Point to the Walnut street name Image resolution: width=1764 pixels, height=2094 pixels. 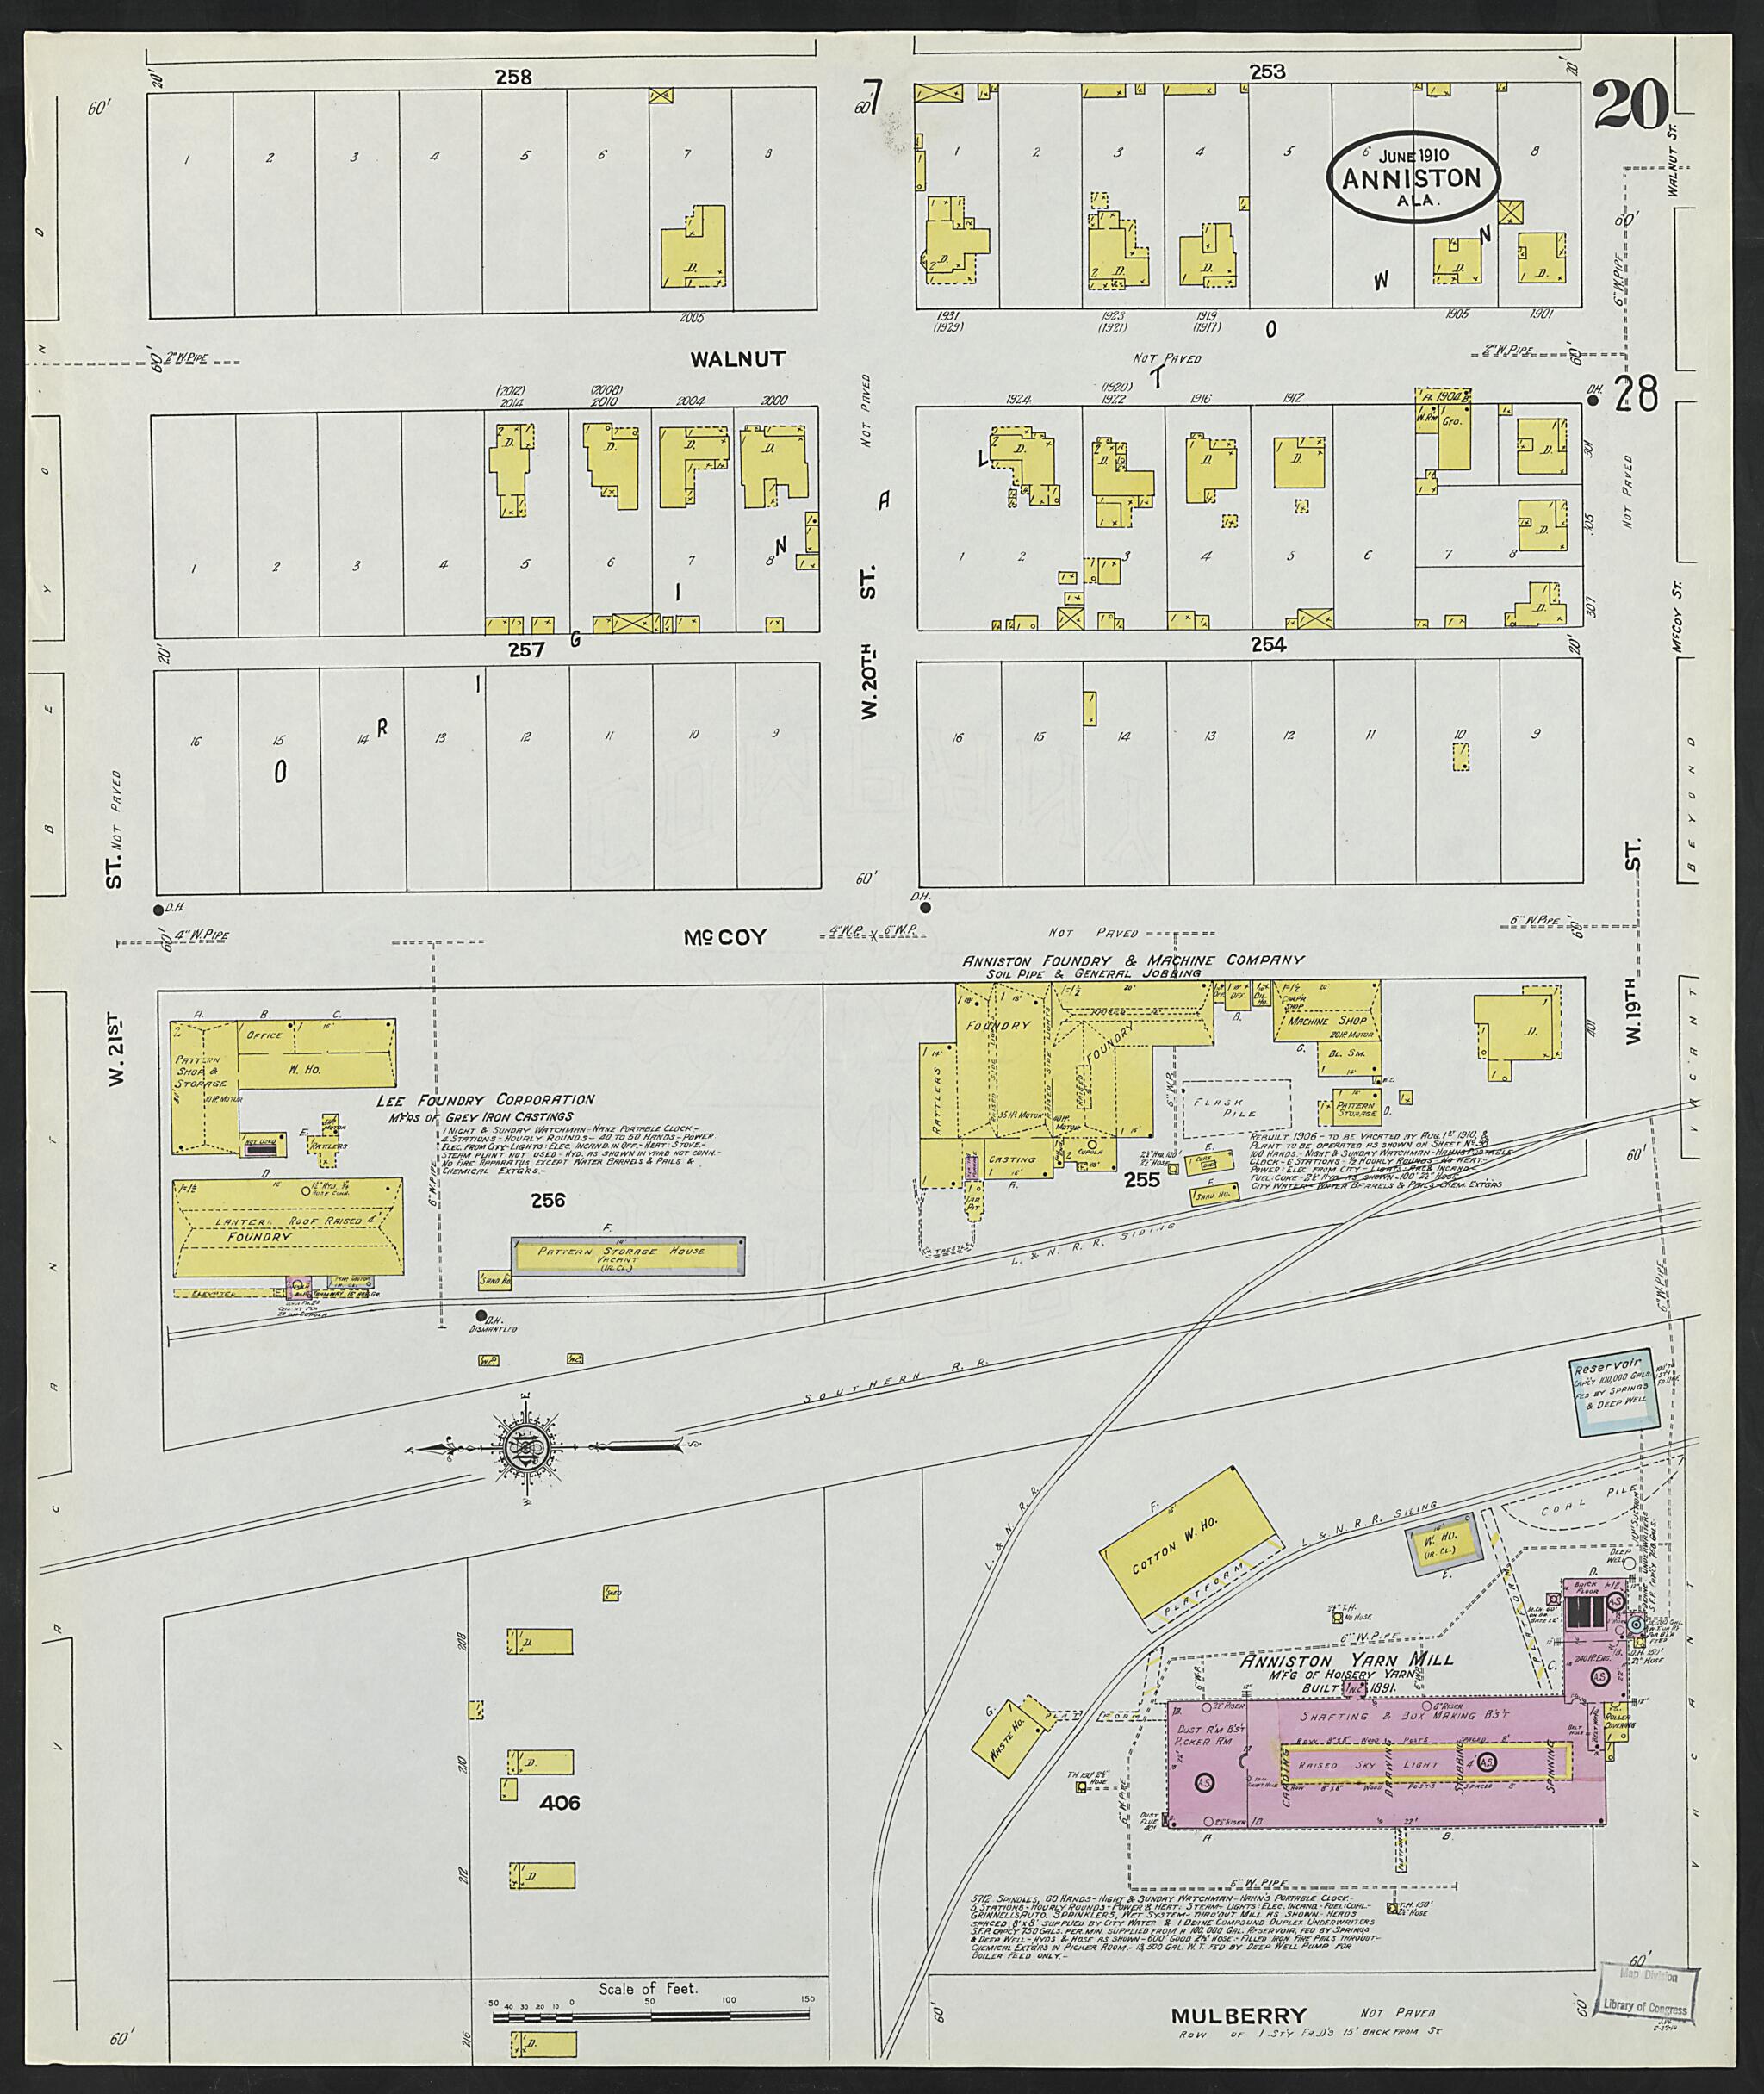pyautogui.click(x=737, y=358)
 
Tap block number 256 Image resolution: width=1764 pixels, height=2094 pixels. pyautogui.click(x=548, y=1199)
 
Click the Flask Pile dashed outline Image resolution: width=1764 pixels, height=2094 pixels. pyautogui.click(x=1237, y=1107)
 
